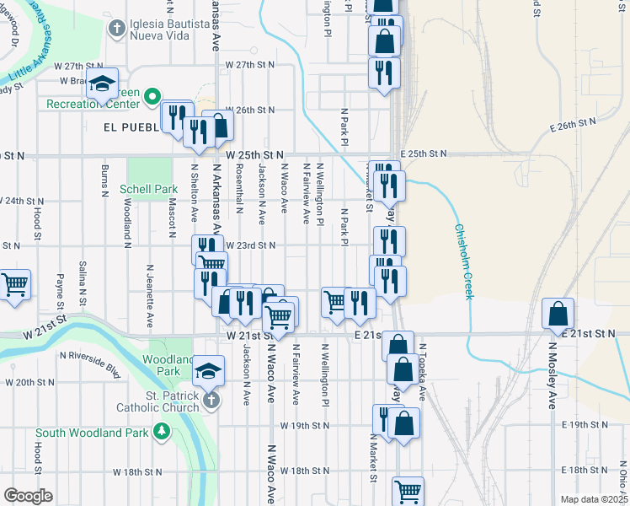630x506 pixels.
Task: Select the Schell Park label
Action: coord(148,189)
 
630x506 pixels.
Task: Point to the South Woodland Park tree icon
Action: coord(162,433)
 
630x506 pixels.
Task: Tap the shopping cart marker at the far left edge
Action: coord(14,285)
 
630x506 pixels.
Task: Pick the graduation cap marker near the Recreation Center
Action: coord(103,86)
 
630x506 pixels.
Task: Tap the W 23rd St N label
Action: coord(251,245)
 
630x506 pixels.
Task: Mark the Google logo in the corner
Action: coord(28,495)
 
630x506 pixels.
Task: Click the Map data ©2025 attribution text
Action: coord(594,499)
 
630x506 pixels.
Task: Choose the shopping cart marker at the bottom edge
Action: coord(408,492)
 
